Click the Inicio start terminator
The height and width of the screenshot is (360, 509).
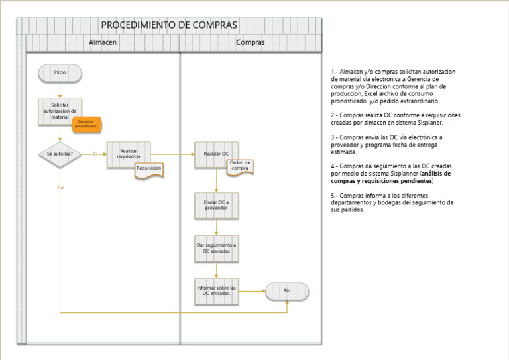coord(60,72)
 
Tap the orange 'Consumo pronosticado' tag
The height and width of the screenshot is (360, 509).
coord(87,123)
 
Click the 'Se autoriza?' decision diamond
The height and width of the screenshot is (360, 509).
coord(60,154)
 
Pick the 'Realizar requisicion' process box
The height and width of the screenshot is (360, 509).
coord(128,153)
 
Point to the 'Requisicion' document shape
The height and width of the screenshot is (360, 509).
coord(148,169)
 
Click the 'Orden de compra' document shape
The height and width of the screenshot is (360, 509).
coord(240,166)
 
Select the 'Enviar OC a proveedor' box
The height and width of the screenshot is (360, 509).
coord(216,205)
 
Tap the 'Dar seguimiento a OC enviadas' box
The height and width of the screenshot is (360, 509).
coord(216,248)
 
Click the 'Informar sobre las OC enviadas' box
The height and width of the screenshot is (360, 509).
coord(216,290)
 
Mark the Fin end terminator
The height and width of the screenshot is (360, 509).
coord(287,290)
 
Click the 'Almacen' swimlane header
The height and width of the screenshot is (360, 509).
coord(103,42)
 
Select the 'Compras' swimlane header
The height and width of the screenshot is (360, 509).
coord(251,42)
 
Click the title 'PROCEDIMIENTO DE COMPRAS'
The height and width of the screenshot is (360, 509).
coord(169,25)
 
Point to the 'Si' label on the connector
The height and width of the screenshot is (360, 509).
coord(95,153)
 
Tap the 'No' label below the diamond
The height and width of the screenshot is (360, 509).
coord(60,187)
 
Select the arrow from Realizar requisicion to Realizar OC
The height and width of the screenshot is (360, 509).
coord(172,154)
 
